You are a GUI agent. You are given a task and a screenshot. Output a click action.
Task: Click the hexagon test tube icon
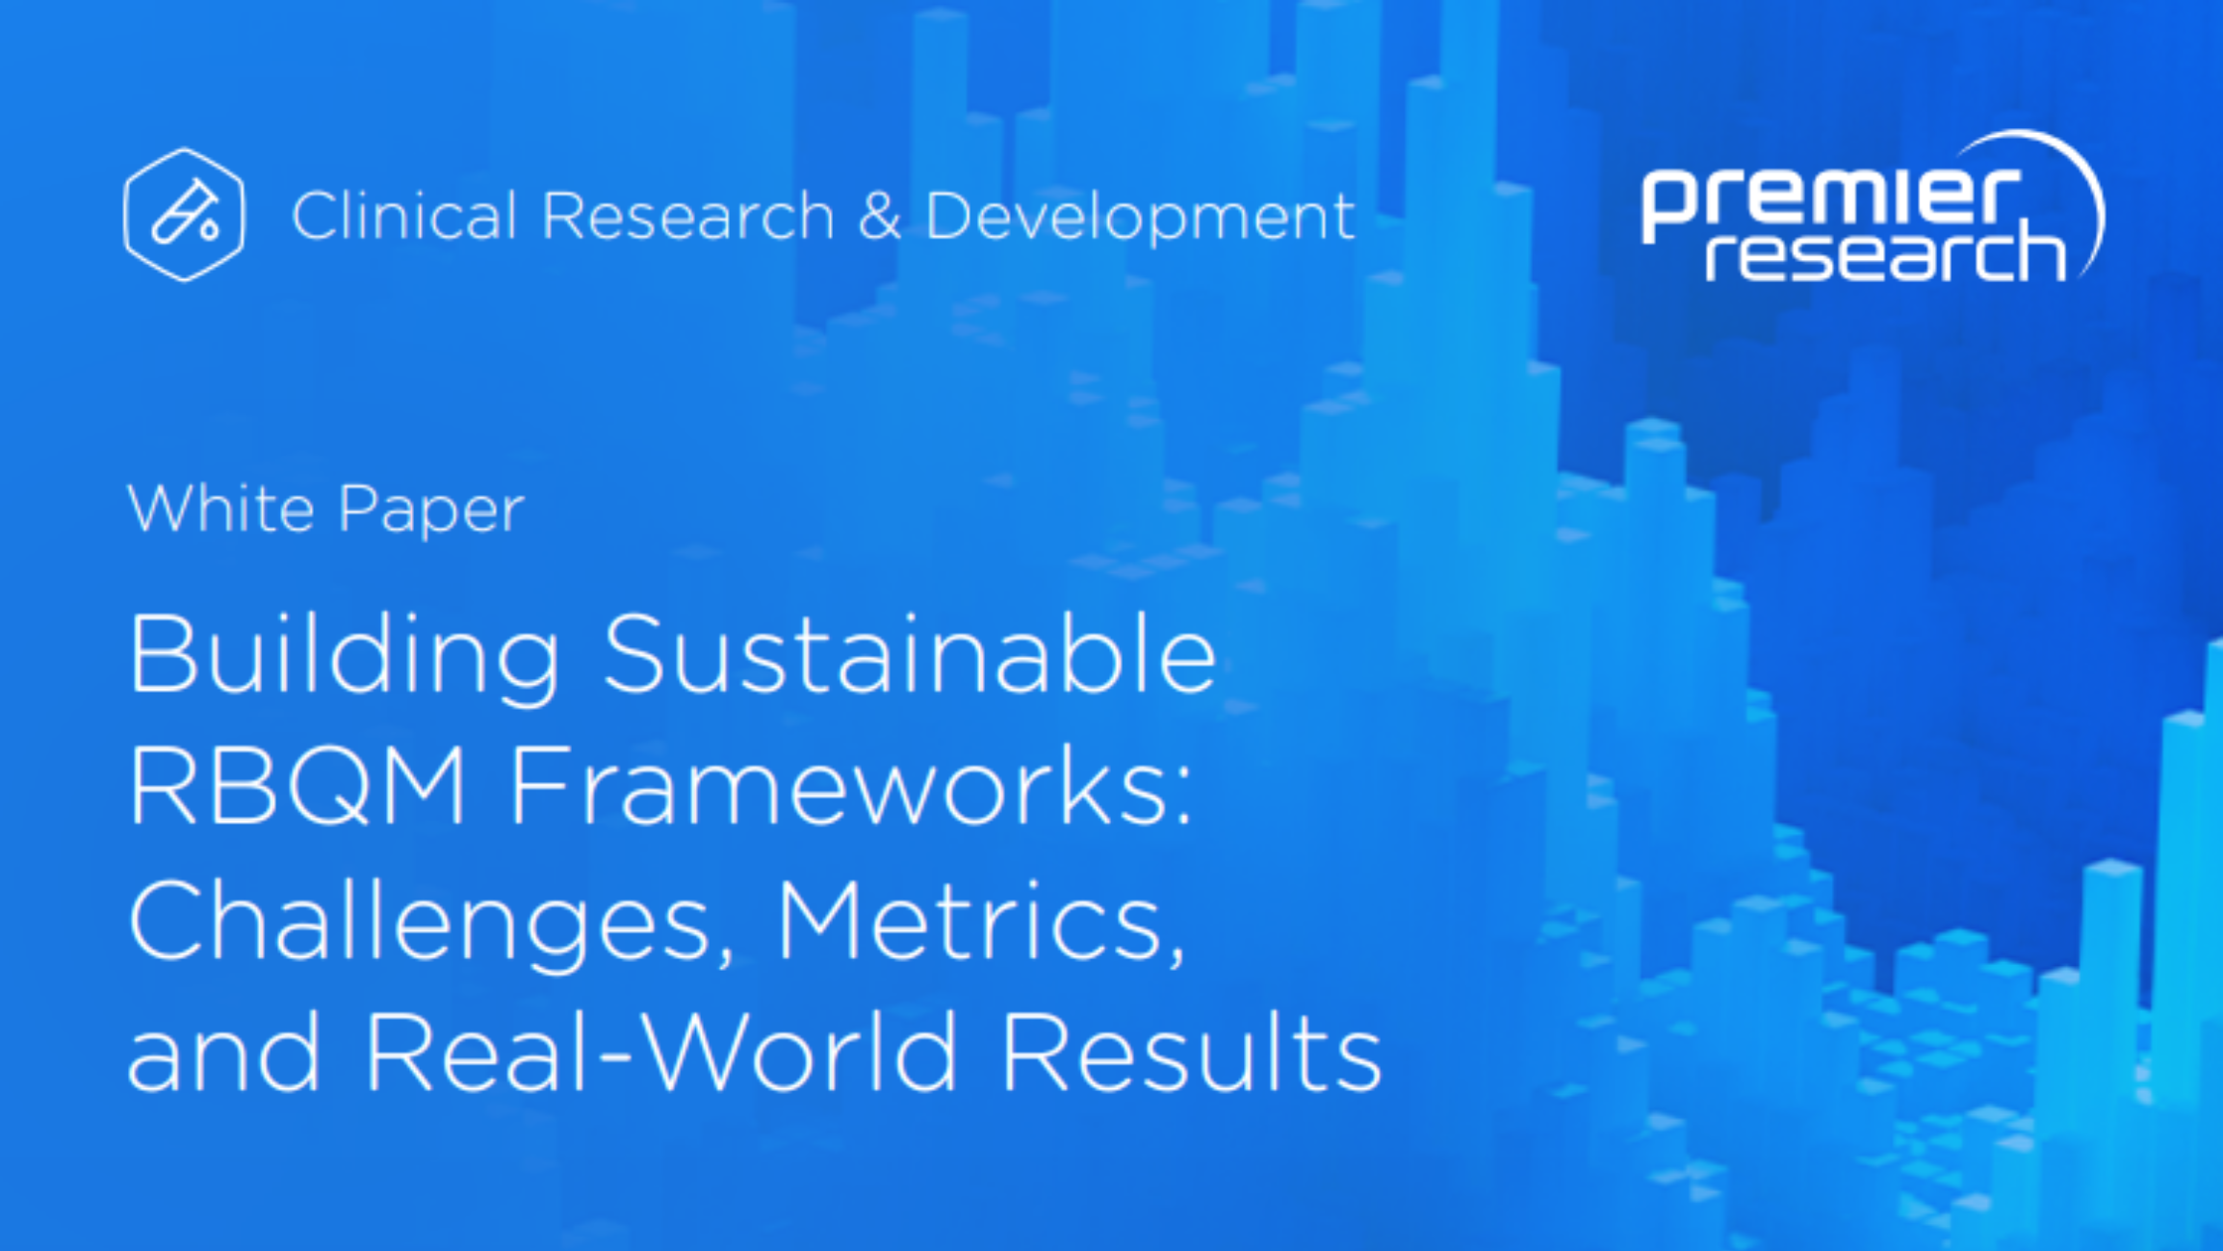(184, 214)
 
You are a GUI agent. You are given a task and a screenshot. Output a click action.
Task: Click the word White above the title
(220, 508)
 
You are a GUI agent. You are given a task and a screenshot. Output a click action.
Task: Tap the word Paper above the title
(430, 511)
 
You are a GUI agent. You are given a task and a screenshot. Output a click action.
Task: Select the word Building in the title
(344, 657)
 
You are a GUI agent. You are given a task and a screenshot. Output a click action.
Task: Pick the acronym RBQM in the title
(297, 787)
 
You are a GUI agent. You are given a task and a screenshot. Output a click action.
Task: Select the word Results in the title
(1192, 1052)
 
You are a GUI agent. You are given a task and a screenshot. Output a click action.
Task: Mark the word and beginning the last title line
(223, 1052)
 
